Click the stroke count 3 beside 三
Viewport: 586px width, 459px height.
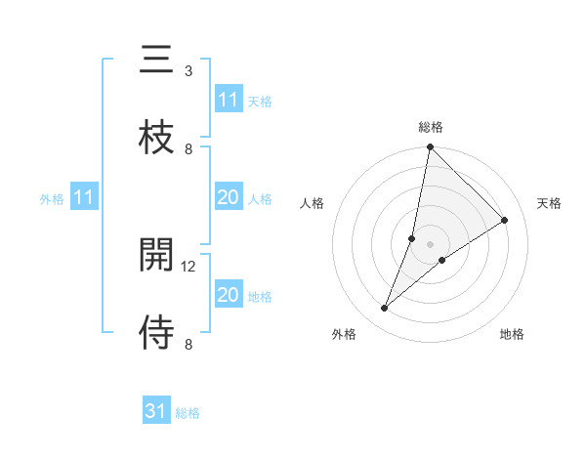click(x=188, y=71)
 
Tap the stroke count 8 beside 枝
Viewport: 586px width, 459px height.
click(x=188, y=148)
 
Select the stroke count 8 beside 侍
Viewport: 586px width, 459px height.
click(x=188, y=344)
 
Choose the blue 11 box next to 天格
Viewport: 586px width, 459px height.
click(x=229, y=100)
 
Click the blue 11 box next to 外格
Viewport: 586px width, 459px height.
click(x=84, y=198)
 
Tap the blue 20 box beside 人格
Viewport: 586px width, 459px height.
click(x=228, y=198)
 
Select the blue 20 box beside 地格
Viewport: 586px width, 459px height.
click(x=228, y=295)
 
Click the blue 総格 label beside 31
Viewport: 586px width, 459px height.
click(x=188, y=413)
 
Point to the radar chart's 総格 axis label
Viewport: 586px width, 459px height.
click(x=431, y=127)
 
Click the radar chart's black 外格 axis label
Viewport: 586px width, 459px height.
click(x=344, y=334)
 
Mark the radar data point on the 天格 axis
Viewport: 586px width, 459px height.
click(x=505, y=220)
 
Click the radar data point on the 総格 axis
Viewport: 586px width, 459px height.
click(x=430, y=147)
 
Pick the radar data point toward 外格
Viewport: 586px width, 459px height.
click(x=385, y=309)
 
